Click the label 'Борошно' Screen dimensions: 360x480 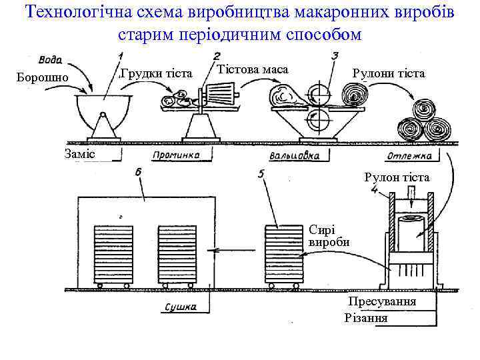pos(43,78)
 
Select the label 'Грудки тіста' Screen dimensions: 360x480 pos(155,72)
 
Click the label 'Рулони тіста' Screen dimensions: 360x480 pos(389,73)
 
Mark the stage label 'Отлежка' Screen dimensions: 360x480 pos(408,157)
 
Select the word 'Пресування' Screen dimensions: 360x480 pos(383,301)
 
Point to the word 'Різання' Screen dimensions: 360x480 pos(366,317)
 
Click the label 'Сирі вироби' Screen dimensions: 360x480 pos(329,235)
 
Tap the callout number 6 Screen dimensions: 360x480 pos(138,173)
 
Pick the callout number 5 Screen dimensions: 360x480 pos(262,174)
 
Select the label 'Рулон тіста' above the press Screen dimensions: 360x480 pos(397,178)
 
